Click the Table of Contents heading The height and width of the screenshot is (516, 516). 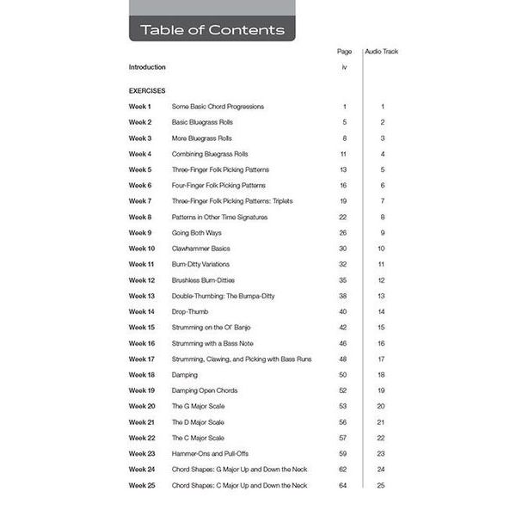(x=212, y=30)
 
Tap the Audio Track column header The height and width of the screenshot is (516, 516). (x=381, y=52)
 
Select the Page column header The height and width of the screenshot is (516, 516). (x=344, y=52)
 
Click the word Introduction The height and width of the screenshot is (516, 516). (x=147, y=67)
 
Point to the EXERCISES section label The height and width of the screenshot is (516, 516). (x=147, y=90)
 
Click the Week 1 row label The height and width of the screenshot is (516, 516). (x=140, y=107)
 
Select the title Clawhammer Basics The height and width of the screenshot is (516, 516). (x=201, y=249)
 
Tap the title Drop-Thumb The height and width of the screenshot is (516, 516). (x=190, y=311)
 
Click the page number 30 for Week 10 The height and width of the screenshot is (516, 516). (x=343, y=249)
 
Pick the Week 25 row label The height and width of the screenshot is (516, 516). (x=142, y=485)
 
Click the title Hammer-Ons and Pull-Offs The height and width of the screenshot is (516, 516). (x=212, y=453)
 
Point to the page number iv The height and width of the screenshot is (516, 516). (x=344, y=67)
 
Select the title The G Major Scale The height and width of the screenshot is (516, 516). (x=199, y=406)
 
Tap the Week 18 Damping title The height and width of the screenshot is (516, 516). (x=185, y=375)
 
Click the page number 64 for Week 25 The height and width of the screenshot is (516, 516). (x=343, y=485)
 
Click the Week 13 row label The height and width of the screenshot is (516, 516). (x=142, y=296)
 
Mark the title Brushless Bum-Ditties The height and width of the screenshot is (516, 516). (x=203, y=280)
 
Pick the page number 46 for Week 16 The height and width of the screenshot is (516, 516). (x=343, y=343)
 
